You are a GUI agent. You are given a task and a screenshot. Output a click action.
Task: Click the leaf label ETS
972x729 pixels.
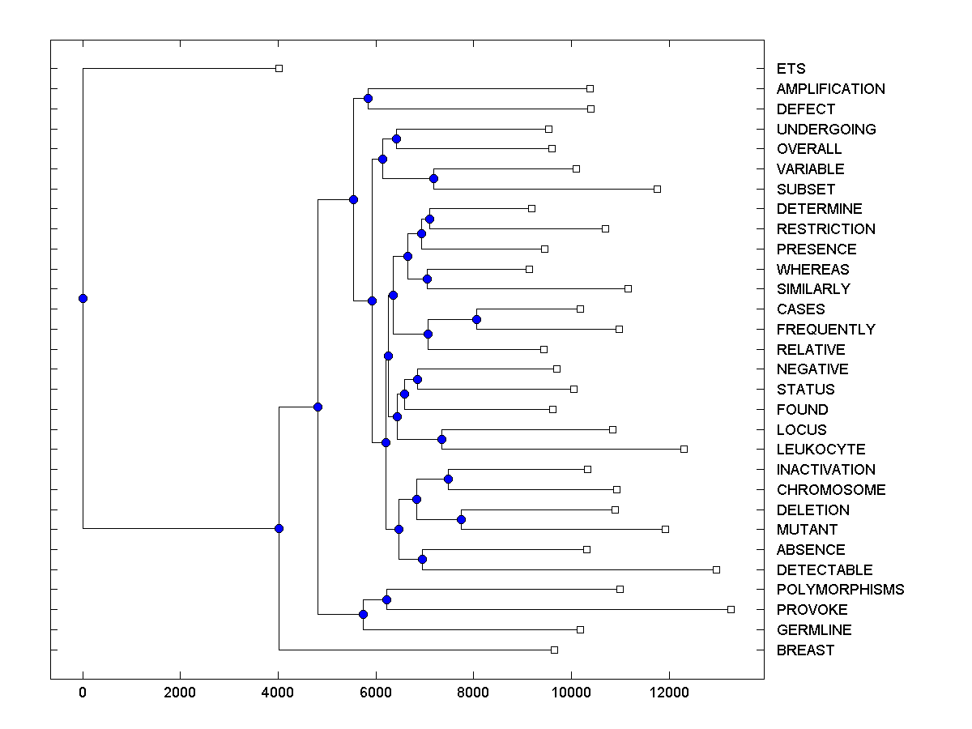(791, 69)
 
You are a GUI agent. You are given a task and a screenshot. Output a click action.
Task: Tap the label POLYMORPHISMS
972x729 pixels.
(840, 590)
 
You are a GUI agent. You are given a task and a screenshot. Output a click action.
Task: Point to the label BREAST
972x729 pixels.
(804, 650)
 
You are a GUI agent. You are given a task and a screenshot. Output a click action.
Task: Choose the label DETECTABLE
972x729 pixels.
(824, 570)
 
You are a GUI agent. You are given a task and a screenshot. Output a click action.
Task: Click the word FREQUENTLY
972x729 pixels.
(825, 330)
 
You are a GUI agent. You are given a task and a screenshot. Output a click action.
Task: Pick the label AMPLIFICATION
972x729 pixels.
(830, 89)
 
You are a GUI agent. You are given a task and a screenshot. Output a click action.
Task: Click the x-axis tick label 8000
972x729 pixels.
(473, 693)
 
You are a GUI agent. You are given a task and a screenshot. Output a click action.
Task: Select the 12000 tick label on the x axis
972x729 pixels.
(669, 693)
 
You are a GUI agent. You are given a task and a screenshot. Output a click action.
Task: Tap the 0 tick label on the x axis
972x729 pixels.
(83, 693)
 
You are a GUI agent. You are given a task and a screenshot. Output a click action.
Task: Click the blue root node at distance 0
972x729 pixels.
(83, 298)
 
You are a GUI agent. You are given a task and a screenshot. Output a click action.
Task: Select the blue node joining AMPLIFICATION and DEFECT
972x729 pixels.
(368, 99)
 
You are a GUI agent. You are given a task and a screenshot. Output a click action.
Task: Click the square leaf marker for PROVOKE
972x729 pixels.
(731, 609)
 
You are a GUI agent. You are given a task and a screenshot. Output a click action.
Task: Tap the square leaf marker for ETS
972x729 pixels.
(279, 69)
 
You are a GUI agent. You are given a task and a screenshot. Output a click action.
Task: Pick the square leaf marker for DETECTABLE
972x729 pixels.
(716, 569)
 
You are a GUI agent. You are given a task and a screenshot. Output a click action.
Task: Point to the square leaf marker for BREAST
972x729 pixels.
(554, 650)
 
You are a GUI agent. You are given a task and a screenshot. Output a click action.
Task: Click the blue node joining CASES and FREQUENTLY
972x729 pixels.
(476, 319)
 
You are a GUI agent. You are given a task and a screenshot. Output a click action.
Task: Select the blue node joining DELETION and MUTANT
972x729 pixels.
(461, 519)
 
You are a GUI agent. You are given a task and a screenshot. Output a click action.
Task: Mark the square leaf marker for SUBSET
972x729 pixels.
(657, 189)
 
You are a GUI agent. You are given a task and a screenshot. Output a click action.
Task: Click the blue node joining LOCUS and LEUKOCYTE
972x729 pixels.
(441, 439)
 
